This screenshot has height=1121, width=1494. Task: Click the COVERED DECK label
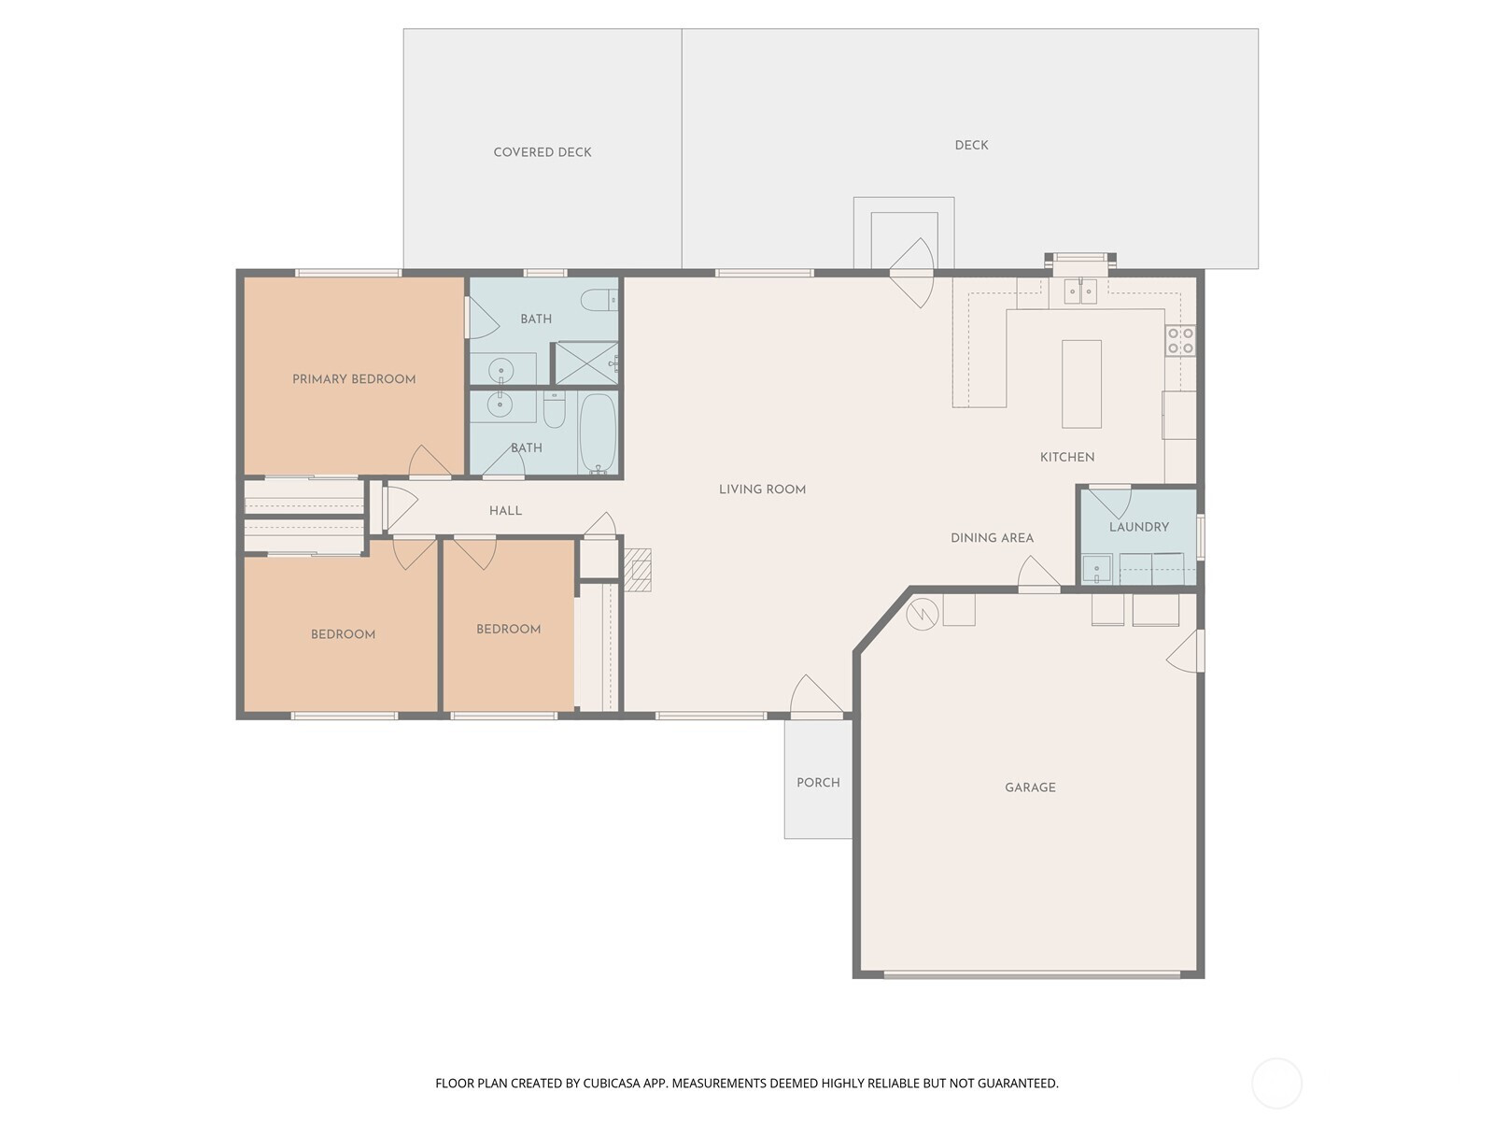pos(542,152)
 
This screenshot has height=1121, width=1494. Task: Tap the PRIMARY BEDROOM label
pos(354,379)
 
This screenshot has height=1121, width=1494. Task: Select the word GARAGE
pos(1030,788)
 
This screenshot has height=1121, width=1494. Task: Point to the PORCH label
pos(818,783)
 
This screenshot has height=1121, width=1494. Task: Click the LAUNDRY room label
pos(1138,527)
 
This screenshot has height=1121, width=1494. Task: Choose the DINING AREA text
pos(992,538)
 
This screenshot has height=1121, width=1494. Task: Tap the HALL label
pos(505,510)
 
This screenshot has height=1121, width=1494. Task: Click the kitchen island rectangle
pos(1081,384)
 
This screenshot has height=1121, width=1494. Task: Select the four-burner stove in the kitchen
pos(1181,340)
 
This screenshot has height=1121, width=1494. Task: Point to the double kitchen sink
pos(1080,291)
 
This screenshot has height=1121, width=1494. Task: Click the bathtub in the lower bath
pos(598,433)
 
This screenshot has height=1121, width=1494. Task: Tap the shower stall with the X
pos(586,363)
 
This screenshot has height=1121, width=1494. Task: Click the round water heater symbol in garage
pos(923,615)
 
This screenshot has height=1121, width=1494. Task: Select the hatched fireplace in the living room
pos(638,569)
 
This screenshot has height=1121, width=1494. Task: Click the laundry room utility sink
pos(1096,569)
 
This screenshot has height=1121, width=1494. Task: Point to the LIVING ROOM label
pos(762,490)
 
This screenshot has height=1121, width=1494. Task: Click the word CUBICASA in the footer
pos(613,1084)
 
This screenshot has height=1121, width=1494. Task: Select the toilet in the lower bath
pos(554,409)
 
